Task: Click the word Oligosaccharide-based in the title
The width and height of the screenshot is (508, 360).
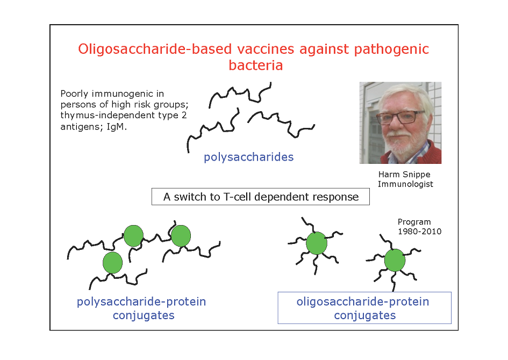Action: (155, 49)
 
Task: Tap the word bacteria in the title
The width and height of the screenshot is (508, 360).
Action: (256, 65)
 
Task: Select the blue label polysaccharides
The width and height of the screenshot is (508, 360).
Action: (248, 157)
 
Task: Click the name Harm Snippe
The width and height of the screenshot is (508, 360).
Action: (404, 175)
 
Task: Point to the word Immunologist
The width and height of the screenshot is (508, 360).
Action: (405, 184)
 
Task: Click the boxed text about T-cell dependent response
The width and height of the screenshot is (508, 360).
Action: (261, 197)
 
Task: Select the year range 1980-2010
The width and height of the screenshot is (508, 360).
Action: (419, 232)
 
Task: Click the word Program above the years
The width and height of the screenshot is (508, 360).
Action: (414, 222)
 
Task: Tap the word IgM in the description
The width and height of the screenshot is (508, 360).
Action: (115, 126)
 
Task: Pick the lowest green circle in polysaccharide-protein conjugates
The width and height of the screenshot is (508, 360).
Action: (112, 263)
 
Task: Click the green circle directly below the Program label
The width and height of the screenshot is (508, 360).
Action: (395, 260)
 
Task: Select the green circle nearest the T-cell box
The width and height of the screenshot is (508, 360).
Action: (181, 236)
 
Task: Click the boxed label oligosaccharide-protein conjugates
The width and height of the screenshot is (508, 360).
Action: (364, 308)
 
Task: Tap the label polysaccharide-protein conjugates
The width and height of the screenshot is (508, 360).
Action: (141, 308)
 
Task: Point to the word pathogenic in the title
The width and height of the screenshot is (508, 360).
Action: (391, 49)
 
